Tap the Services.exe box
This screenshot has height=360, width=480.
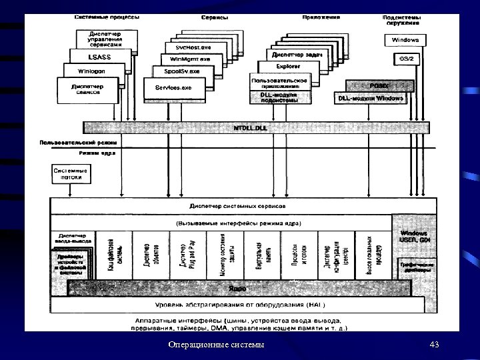click(x=173, y=88)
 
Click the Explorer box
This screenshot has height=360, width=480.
click(x=288, y=67)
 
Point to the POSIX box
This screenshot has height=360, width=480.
click(x=378, y=86)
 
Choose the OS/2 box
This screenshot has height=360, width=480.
click(x=406, y=59)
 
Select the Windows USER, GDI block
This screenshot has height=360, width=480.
click(x=414, y=236)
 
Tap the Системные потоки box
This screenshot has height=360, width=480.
click(x=70, y=175)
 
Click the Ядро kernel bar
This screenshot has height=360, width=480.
click(x=237, y=289)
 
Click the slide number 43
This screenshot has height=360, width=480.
click(x=435, y=344)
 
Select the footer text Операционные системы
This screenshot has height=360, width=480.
click(x=216, y=344)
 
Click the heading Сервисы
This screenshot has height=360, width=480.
click(x=214, y=17)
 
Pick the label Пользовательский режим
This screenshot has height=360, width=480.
click(x=79, y=142)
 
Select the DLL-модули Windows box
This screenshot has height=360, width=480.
click(x=371, y=98)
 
